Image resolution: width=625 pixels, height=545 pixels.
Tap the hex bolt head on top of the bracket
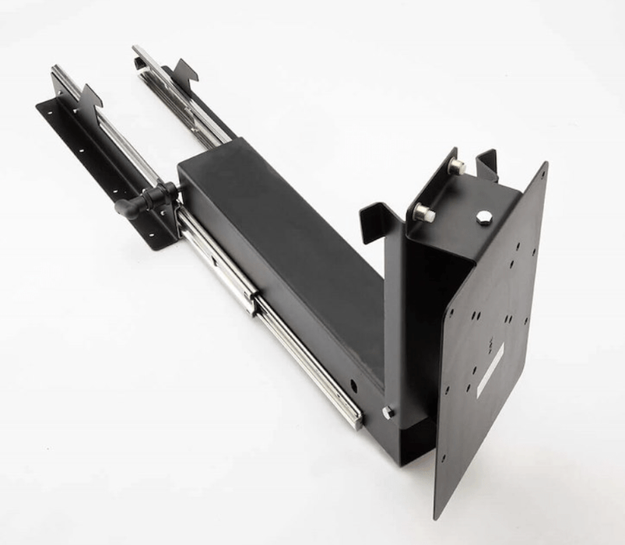coord(484,217)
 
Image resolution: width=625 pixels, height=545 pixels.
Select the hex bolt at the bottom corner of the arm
coord(387,413)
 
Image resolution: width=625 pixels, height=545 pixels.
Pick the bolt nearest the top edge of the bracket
coord(457,166)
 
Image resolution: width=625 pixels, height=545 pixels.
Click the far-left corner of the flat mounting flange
coord(40,106)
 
